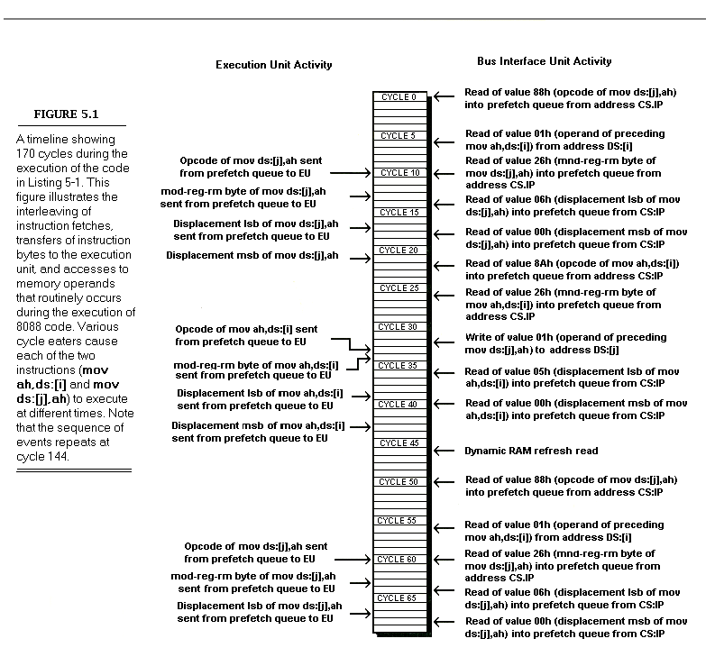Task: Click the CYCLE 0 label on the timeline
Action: click(x=398, y=96)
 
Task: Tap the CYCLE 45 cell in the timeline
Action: click(x=398, y=442)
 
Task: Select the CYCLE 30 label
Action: click(x=398, y=326)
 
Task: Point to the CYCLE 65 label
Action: click(x=398, y=598)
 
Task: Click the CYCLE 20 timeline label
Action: click(x=398, y=250)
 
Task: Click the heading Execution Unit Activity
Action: click(x=273, y=65)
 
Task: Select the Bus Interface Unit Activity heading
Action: click(x=544, y=61)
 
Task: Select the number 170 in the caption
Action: click(x=29, y=154)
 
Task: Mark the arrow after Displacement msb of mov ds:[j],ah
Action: click(x=360, y=259)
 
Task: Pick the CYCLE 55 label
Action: click(x=398, y=520)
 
